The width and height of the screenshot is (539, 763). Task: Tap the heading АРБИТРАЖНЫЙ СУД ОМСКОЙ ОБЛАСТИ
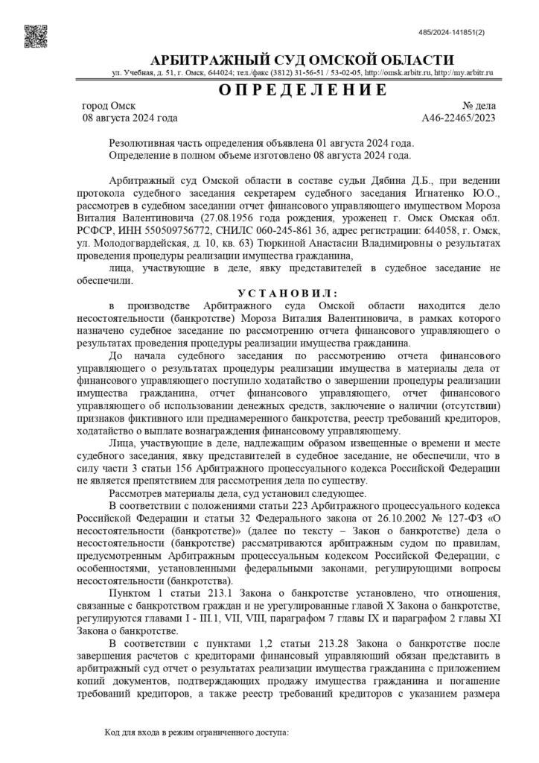click(302, 60)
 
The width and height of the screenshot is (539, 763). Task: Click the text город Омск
click(109, 106)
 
